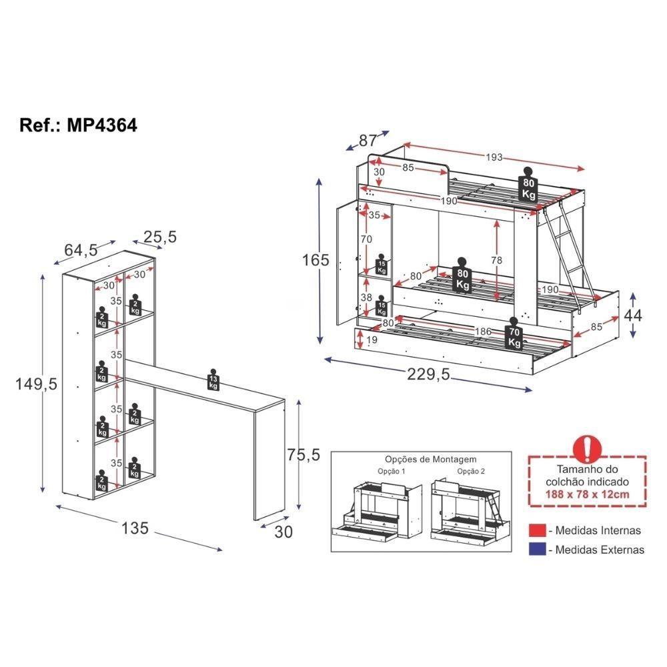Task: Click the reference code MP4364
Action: (x=102, y=125)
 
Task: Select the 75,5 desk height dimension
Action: (x=303, y=455)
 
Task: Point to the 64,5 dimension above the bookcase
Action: (x=81, y=250)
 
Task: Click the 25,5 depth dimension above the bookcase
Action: (x=159, y=236)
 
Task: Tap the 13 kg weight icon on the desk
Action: (x=213, y=380)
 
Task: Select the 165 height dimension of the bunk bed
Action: (x=315, y=260)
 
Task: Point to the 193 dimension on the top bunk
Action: (x=493, y=157)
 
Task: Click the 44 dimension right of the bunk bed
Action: (x=632, y=315)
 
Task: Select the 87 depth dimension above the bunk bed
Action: (x=368, y=141)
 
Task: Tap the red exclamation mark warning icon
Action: (x=588, y=448)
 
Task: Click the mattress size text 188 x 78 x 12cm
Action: (x=587, y=495)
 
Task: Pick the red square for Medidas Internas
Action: (x=538, y=531)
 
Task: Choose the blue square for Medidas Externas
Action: (x=538, y=550)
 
